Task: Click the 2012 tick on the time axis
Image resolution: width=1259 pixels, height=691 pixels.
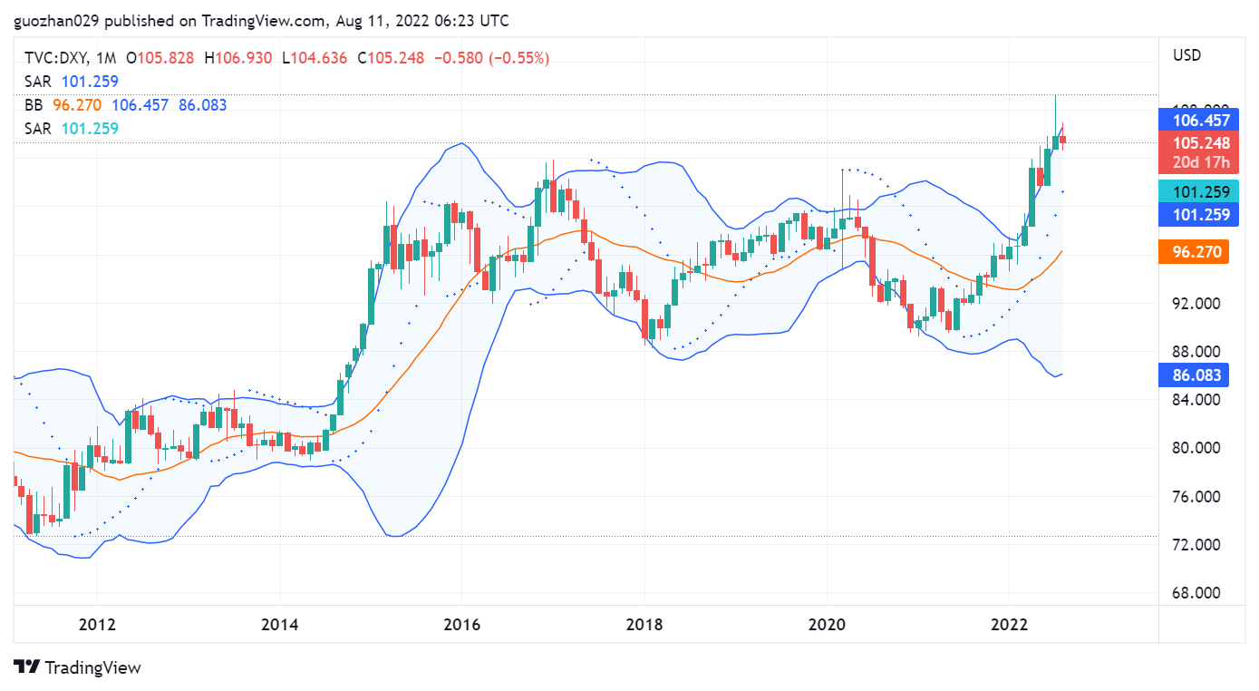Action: [97, 625]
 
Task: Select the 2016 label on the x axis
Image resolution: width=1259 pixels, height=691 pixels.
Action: [461, 625]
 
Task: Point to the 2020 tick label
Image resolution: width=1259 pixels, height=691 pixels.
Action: [826, 625]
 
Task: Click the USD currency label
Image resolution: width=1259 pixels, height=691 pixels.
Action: [1186, 55]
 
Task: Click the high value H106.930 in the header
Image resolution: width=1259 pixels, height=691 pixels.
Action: [237, 58]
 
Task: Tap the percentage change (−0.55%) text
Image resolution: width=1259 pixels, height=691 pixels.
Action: [519, 58]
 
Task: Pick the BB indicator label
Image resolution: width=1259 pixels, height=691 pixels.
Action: [34, 105]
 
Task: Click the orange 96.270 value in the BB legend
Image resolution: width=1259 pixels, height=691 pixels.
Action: [77, 105]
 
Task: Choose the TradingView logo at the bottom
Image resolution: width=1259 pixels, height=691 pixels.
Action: [78, 667]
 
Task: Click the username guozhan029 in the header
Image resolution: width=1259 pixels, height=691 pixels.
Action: [53, 20]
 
